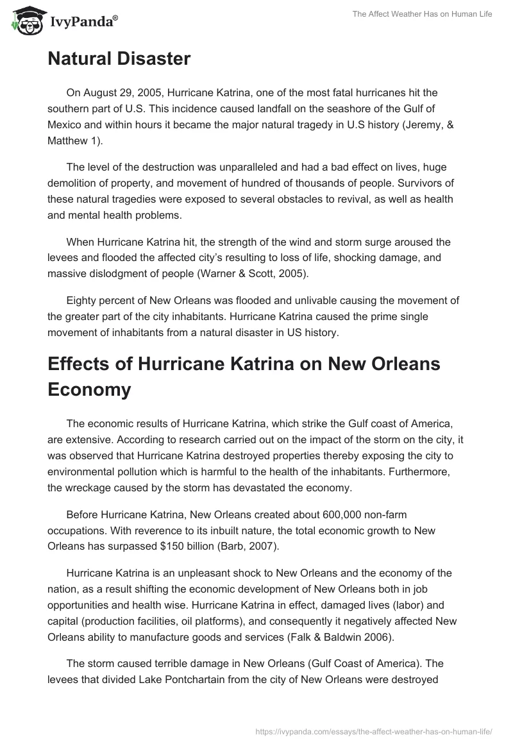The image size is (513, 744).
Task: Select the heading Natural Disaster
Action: pos(119,59)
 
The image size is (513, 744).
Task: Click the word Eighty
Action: pos(83,300)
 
